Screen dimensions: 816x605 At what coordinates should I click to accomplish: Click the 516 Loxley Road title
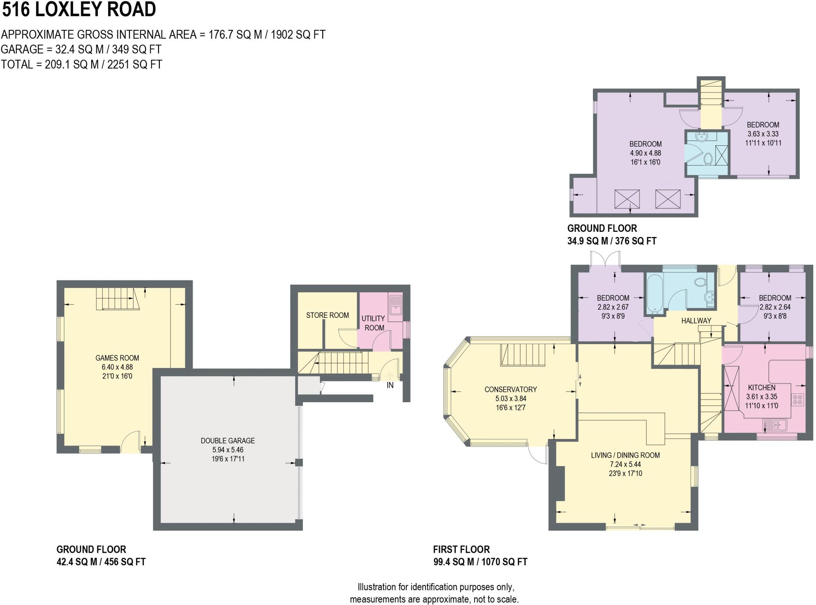click(x=79, y=9)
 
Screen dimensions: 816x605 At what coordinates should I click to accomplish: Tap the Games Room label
click(x=117, y=358)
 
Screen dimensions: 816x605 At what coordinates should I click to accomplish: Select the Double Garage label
click(x=228, y=441)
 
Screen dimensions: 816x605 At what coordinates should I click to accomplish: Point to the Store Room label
click(x=328, y=315)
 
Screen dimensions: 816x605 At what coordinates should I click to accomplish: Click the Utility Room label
click(x=373, y=323)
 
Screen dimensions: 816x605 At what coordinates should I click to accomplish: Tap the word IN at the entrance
click(x=390, y=385)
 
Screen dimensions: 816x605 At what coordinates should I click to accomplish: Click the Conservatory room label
click(x=510, y=389)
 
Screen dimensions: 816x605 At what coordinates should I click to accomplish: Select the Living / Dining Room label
click(x=625, y=455)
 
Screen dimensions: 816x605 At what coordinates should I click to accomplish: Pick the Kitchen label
click(x=761, y=387)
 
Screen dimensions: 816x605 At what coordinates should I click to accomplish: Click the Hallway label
click(x=696, y=320)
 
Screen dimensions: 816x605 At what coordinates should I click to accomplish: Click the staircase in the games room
click(x=118, y=299)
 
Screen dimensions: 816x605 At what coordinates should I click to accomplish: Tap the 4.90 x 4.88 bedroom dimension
click(x=645, y=153)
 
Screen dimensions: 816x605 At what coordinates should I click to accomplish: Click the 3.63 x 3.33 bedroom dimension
click(x=763, y=134)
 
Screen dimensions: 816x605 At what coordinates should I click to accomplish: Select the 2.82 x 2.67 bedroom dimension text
click(x=613, y=307)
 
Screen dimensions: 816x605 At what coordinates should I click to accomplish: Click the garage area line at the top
click(x=81, y=49)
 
